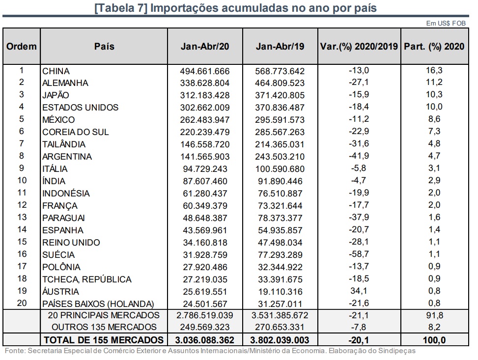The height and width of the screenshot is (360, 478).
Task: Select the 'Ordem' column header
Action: [22, 47]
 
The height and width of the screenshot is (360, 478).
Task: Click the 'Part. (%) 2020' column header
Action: [434, 47]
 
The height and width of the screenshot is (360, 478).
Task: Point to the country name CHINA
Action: [56, 71]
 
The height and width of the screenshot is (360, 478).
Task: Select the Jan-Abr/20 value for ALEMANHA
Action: [205, 83]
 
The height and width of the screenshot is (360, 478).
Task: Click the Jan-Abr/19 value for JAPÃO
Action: [280, 95]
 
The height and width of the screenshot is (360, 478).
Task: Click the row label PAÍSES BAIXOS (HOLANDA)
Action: [98, 303]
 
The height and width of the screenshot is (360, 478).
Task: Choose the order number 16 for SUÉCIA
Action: [21, 254]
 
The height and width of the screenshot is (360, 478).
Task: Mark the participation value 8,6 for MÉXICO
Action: [434, 119]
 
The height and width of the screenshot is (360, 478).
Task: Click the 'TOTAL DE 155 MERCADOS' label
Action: [104, 339]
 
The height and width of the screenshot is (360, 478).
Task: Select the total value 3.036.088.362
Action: [205, 339]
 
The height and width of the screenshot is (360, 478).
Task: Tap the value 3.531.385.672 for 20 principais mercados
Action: [280, 315]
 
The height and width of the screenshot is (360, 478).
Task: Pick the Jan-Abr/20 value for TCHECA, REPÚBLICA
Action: [205, 278]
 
